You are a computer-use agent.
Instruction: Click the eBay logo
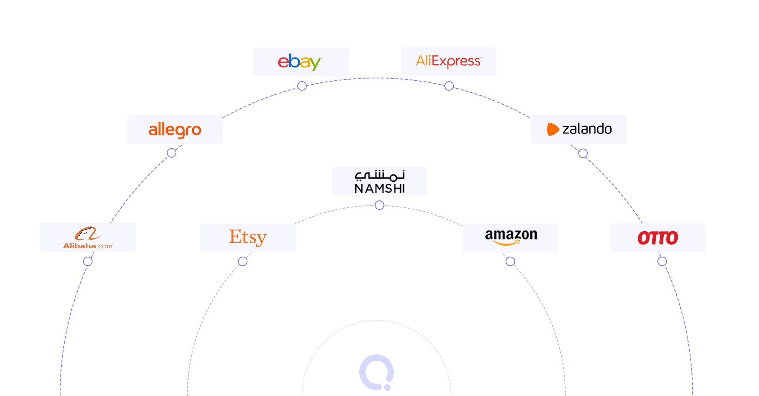[300, 62]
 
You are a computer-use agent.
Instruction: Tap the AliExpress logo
[449, 61]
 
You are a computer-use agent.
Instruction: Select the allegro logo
[175, 130]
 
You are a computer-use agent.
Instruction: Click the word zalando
[587, 129]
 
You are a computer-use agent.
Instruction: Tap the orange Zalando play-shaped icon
[553, 129]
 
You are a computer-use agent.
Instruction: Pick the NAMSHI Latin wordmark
[379, 188]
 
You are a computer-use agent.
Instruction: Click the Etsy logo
[248, 238]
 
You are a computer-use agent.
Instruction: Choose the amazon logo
[511, 237]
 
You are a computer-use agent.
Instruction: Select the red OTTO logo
[658, 238]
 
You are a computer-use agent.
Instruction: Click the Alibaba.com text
[88, 246]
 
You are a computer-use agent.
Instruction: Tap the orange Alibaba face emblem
[88, 234]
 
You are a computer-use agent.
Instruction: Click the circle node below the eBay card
[302, 86]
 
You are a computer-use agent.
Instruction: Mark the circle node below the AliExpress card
[449, 86]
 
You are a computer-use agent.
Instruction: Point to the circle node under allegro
[172, 153]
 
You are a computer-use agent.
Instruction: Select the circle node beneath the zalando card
[583, 153]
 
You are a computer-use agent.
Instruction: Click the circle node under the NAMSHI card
[379, 205]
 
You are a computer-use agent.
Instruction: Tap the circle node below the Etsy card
[243, 261]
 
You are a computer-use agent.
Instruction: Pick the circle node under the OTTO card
[662, 261]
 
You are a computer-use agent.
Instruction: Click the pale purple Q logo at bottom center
[377, 373]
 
